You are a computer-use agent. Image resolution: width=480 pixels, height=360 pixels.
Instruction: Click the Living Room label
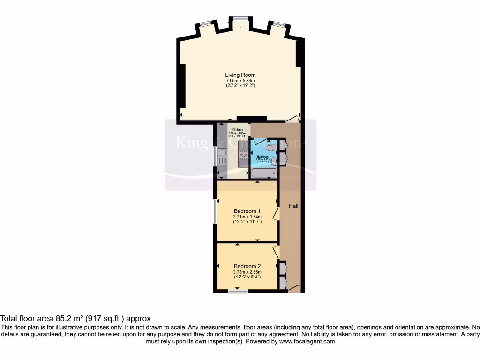240,75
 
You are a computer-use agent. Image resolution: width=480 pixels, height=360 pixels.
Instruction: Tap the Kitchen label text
237,129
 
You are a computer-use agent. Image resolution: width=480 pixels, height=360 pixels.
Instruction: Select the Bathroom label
262,157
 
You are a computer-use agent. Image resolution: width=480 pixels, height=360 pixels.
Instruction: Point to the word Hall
293,206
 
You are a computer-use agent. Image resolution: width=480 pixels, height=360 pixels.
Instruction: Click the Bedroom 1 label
247,210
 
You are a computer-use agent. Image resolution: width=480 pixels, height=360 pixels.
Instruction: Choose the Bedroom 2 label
247,266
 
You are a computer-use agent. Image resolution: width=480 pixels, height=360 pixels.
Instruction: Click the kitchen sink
222,153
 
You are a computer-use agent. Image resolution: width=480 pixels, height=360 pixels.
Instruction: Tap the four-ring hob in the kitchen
243,156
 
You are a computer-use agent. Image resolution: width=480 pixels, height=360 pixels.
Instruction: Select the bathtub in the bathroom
264,173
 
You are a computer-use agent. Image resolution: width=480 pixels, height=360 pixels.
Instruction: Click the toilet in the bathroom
276,147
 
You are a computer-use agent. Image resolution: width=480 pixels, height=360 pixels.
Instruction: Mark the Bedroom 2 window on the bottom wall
239,292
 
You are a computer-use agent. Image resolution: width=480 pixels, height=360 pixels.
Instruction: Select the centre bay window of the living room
240,19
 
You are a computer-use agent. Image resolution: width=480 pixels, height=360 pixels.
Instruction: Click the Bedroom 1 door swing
276,214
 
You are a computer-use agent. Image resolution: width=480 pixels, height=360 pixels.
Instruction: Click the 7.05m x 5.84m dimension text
240,81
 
